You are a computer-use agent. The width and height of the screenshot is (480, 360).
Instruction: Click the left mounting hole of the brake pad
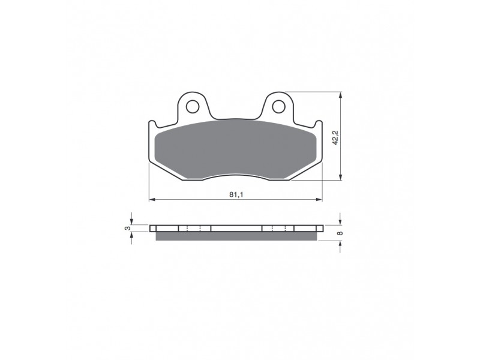[192, 107]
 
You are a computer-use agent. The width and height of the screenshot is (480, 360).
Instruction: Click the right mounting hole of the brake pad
[278, 107]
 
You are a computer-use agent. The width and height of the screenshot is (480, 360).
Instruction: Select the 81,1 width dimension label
[236, 194]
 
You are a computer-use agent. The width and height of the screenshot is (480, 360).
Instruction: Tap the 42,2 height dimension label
[335, 137]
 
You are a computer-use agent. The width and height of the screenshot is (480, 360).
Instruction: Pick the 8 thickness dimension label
[340, 233]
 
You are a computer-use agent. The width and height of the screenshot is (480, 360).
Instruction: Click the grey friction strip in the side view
[236, 236]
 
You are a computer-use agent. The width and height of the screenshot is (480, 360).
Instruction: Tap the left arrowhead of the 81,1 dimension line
[152, 200]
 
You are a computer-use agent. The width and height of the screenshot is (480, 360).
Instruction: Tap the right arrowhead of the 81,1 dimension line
[319, 200]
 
